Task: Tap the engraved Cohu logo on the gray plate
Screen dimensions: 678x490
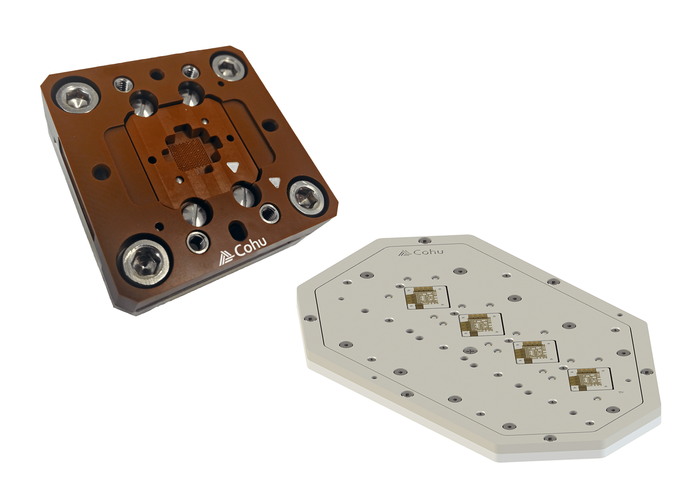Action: [x=421, y=253]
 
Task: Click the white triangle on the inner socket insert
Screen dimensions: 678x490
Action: [x=233, y=167]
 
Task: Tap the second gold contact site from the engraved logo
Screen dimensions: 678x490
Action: [x=481, y=325]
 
